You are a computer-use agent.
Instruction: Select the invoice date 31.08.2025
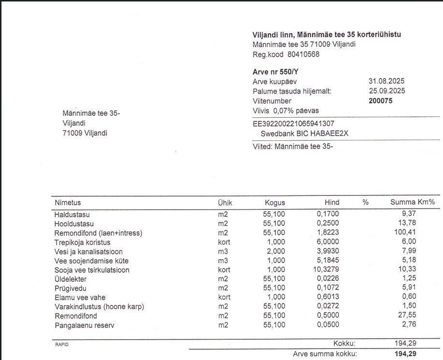click(x=386, y=81)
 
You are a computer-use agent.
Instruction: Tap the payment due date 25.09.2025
click(x=386, y=91)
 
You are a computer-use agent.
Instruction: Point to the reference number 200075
click(x=381, y=101)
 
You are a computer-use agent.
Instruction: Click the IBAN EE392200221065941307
click(x=293, y=124)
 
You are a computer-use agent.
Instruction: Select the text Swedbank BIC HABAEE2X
click(x=304, y=134)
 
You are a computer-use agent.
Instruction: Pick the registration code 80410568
click(x=300, y=55)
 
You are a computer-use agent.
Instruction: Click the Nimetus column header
click(x=68, y=203)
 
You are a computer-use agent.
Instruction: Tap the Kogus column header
click(x=274, y=203)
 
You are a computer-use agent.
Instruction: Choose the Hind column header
click(x=332, y=203)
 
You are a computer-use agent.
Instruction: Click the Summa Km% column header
click(x=413, y=203)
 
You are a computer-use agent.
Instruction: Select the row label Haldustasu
click(x=72, y=215)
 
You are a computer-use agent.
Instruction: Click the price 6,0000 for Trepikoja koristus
click(x=328, y=242)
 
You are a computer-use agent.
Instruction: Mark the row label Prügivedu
click(x=71, y=288)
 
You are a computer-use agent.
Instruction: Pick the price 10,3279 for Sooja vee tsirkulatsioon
click(x=326, y=270)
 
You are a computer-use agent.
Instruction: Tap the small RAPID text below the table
click(x=62, y=345)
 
